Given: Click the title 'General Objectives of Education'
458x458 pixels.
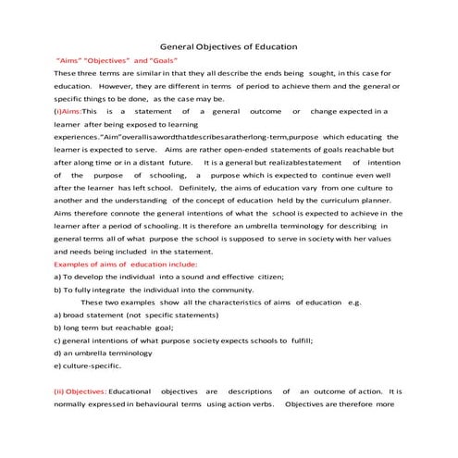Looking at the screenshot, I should coord(229,45).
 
